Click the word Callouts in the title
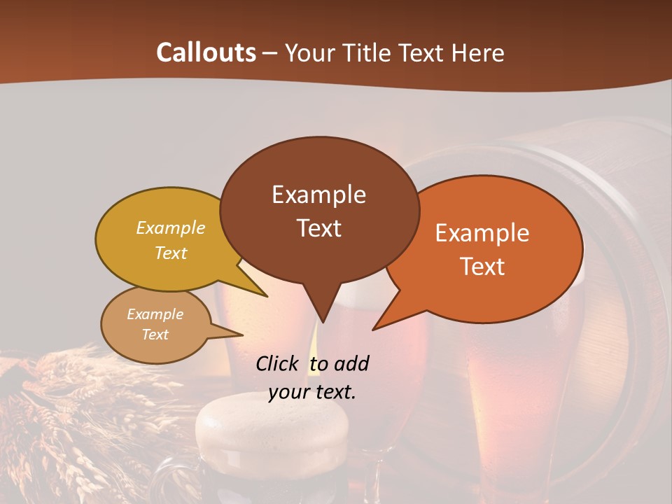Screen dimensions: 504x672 [x=206, y=52]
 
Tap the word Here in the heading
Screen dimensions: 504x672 [x=479, y=52]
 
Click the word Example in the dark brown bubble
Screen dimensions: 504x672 [x=318, y=195]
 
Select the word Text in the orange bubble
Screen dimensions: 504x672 [x=482, y=267]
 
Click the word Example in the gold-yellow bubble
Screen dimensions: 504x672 [x=170, y=227]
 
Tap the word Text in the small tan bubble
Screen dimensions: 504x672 [x=155, y=335]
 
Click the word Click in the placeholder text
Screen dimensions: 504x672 [x=278, y=363]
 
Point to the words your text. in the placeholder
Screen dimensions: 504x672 [x=312, y=392]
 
